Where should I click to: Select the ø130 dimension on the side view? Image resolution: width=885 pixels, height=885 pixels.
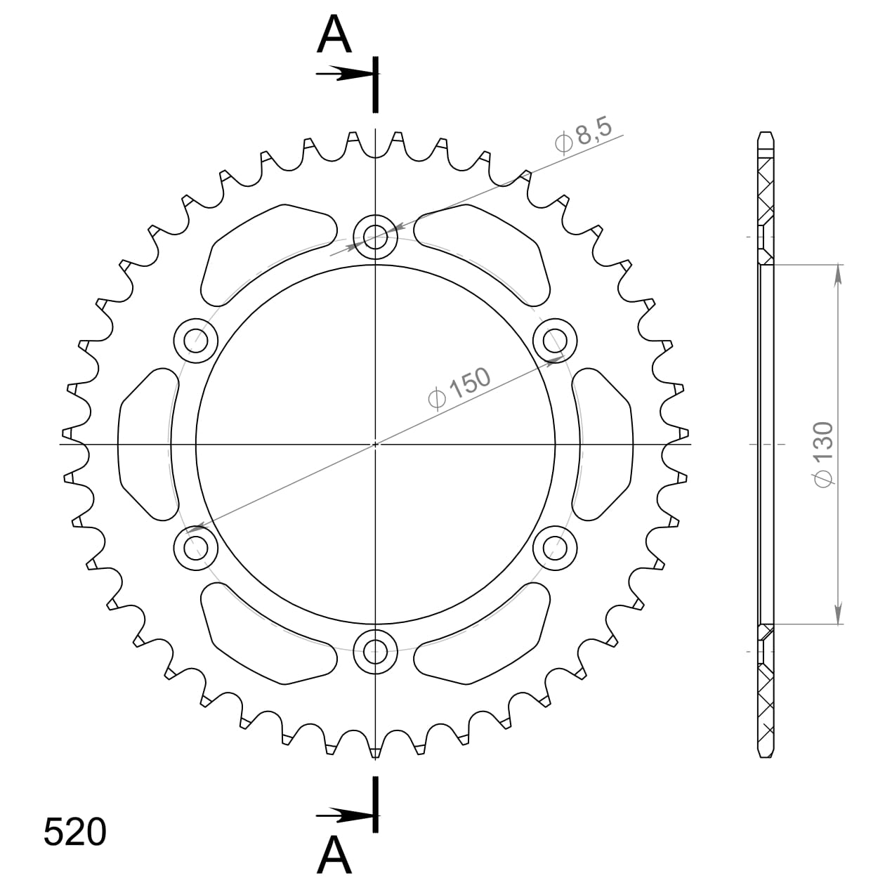822,453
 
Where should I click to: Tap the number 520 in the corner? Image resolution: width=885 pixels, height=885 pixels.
74,832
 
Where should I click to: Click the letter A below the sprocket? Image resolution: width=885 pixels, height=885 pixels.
334,855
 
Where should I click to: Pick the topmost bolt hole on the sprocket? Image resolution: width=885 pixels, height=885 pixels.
375,237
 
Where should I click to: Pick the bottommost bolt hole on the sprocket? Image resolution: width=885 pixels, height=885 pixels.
375,650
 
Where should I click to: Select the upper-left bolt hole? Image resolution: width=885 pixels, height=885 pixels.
196,341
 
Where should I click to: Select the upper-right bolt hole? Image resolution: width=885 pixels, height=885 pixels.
555,341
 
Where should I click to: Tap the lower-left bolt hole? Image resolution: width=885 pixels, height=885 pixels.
196,547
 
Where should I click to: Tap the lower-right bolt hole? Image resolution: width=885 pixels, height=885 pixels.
555,547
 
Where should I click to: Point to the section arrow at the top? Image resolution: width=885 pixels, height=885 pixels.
344,74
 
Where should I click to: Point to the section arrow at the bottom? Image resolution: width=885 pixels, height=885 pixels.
344,815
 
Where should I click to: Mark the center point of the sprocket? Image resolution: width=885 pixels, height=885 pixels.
375,444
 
